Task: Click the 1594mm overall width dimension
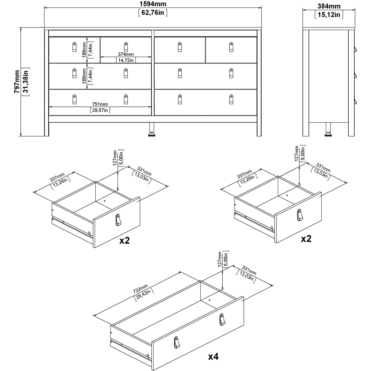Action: (x=153, y=4)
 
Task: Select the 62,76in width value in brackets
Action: (x=153, y=13)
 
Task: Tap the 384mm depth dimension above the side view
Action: (x=329, y=6)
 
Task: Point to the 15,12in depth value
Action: (x=329, y=15)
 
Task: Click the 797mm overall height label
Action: (x=17, y=82)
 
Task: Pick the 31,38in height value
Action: (x=26, y=82)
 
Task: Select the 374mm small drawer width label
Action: (x=126, y=54)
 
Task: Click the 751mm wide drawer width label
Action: (x=100, y=104)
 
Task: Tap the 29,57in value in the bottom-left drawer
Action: (x=100, y=110)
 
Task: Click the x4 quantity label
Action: (x=213, y=357)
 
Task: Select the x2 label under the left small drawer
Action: (x=124, y=240)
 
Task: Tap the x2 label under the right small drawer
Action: (x=306, y=239)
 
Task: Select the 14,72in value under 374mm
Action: (x=126, y=60)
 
